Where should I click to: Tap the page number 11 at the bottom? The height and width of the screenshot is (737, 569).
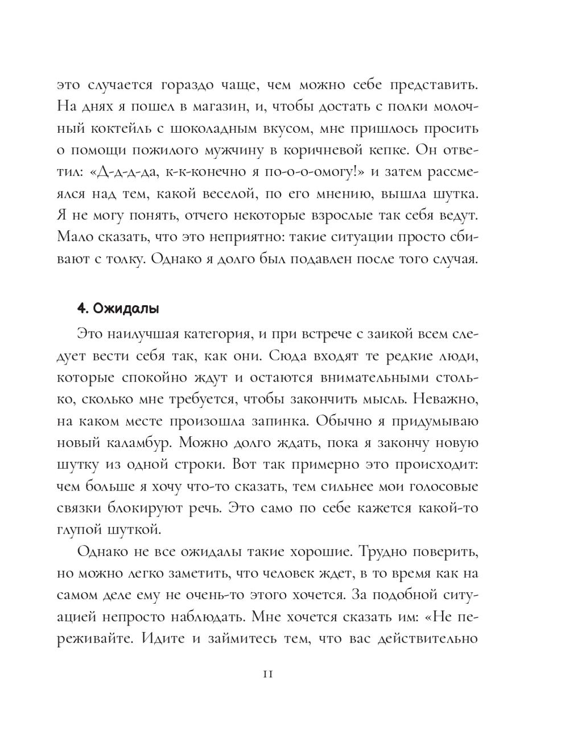tap(268, 674)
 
